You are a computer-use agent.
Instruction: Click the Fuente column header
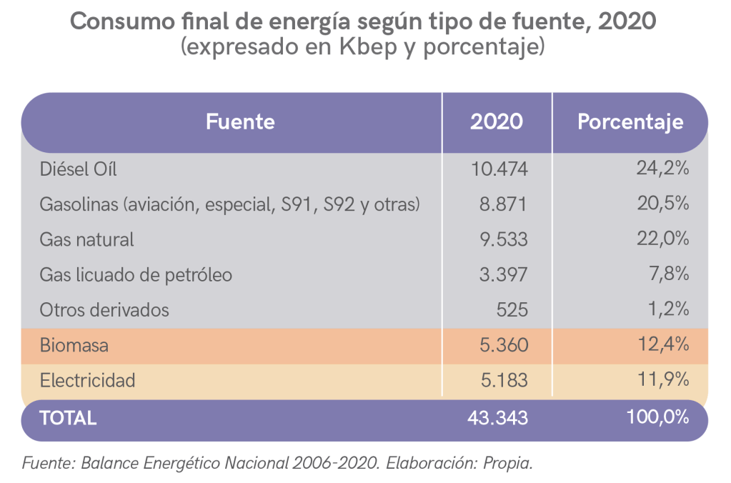coord(240,121)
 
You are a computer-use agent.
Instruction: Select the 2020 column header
coord(496,121)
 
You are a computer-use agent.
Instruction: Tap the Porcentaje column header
coord(630,121)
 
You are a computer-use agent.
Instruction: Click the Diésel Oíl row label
coord(78,169)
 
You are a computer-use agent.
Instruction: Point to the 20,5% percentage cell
coord(662,204)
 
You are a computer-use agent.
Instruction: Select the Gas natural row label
coord(86,239)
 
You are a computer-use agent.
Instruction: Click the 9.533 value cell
coord(503,239)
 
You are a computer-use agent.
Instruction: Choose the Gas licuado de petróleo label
coord(136,275)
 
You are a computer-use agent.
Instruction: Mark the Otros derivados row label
coord(104,310)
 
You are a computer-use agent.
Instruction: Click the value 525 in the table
coord(513,310)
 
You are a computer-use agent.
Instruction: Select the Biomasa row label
coord(74,346)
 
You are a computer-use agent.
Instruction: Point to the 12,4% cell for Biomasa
coord(662,345)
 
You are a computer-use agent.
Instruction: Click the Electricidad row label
coord(87,381)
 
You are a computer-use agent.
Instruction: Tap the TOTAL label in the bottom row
coord(68,418)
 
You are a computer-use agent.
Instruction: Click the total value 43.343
coord(499,418)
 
